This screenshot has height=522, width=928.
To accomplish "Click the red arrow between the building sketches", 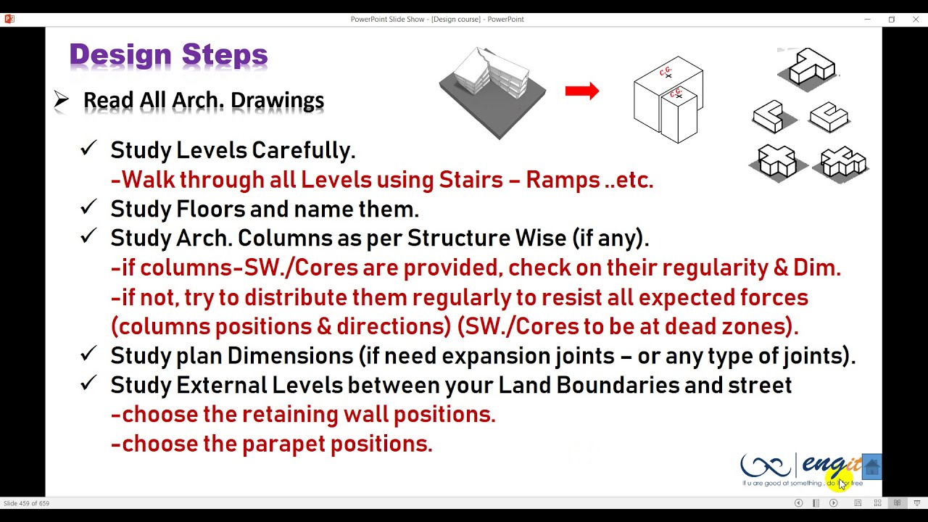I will (x=581, y=91).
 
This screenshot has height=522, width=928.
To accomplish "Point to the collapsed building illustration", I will (x=492, y=91).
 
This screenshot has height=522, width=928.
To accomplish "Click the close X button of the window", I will (x=916, y=20).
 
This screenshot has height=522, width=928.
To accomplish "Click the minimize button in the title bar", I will (x=867, y=20).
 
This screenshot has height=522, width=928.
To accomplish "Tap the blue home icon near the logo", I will (x=872, y=468).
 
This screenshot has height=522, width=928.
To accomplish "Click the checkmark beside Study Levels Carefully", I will (x=88, y=149).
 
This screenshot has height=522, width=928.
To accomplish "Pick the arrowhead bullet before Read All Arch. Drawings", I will (x=62, y=100).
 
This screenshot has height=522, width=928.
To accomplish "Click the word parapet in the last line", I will (x=283, y=444).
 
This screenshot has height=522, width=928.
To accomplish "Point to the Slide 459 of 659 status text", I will (x=27, y=503).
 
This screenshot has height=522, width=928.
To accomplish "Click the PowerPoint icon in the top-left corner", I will (x=9, y=20).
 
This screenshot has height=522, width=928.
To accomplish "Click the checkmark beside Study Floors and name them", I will (x=88, y=207).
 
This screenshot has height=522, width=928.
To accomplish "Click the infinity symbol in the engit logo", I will (x=766, y=465).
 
